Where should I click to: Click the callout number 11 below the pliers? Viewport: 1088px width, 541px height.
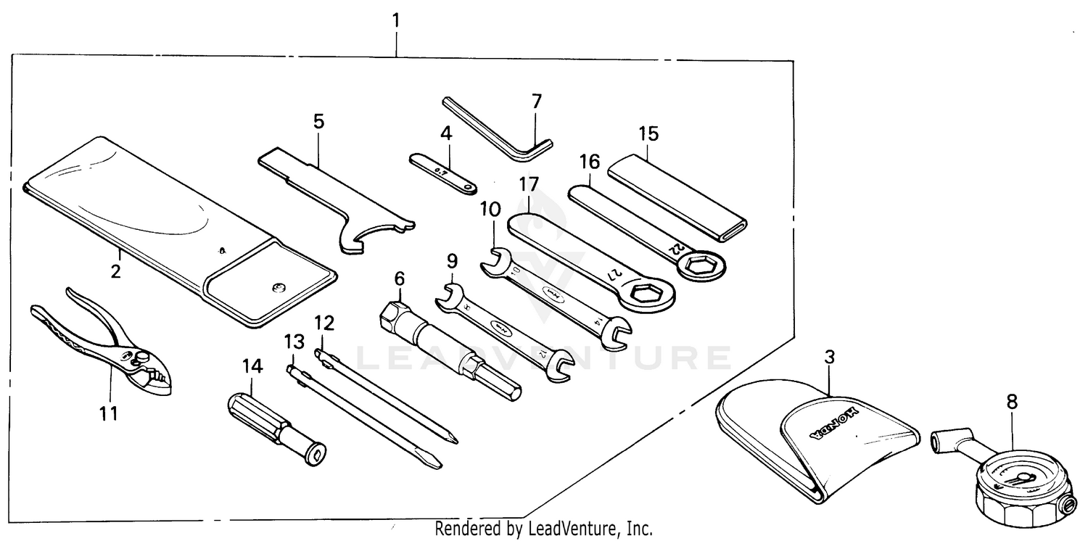[x=107, y=413]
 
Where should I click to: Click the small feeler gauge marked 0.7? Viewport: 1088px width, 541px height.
[x=442, y=172]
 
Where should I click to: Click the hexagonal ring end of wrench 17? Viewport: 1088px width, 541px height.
[x=648, y=294]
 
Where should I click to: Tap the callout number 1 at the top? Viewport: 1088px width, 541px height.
[x=396, y=20]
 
